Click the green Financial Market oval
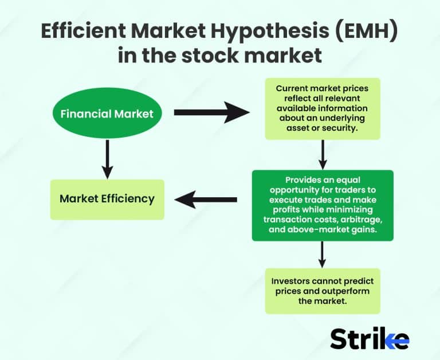pos(107,114)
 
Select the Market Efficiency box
pos(107,199)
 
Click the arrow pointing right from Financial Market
pos(212,113)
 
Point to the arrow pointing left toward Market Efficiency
pos(206,199)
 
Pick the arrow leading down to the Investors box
pos(322,255)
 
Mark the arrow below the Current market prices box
pos(322,154)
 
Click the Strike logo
pos(370,339)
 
